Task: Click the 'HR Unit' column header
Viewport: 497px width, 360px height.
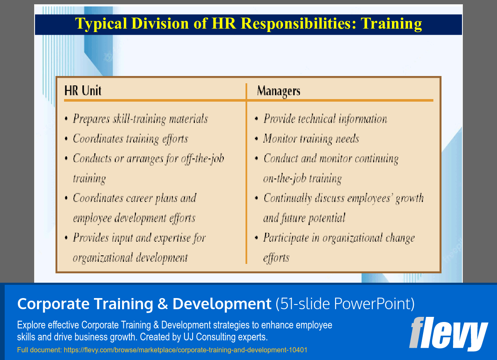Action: [x=83, y=91]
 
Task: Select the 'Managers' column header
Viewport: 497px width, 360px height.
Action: [x=278, y=91]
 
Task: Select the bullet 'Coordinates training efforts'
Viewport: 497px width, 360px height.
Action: [x=130, y=139]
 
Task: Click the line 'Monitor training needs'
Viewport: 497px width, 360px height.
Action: [x=311, y=139]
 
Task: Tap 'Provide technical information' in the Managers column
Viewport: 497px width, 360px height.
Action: [x=325, y=119]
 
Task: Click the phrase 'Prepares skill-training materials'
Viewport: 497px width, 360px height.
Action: [x=140, y=119]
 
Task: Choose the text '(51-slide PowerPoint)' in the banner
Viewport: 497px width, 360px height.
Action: [x=345, y=304]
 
